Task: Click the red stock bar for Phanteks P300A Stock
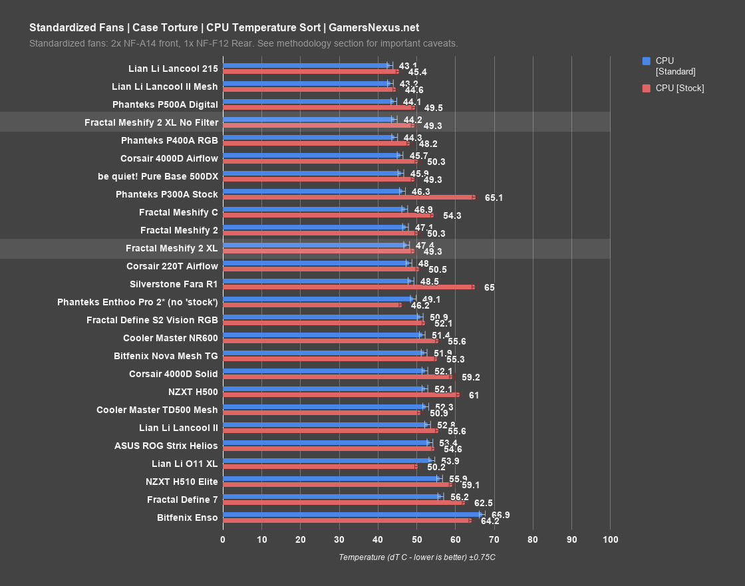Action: pos(349,197)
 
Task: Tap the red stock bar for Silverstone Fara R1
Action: pos(349,287)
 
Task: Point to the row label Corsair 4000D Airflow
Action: pos(169,158)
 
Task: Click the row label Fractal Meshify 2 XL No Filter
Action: pos(151,122)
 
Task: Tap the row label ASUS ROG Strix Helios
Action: pos(166,446)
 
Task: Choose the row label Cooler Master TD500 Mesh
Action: pos(157,410)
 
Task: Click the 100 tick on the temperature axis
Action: pos(610,539)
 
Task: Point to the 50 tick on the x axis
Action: pos(416,539)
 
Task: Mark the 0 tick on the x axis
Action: pos(223,539)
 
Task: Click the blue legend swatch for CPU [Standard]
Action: pos(646,61)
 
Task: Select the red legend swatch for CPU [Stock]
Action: pos(646,88)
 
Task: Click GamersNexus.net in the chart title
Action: pos(374,27)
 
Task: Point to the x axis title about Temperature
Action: pos(416,557)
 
